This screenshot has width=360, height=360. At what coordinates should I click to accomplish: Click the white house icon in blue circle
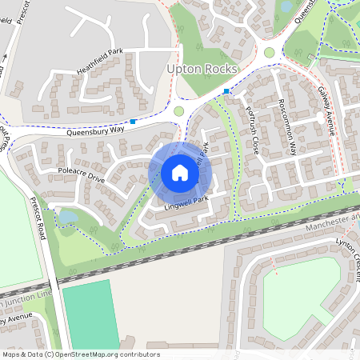[x=179, y=173]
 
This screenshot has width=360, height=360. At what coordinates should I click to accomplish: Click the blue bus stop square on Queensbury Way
[x=133, y=122]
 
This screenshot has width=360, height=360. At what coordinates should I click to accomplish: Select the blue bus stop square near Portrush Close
[x=226, y=91]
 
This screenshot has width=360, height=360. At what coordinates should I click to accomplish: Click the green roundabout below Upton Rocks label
[x=178, y=111]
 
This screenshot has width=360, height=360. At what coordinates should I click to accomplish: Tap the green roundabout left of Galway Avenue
[x=269, y=53]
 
